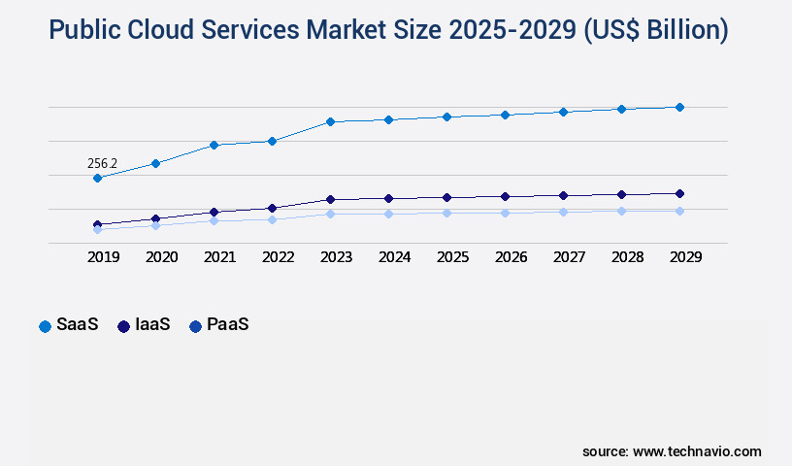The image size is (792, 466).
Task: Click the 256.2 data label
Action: [102, 163]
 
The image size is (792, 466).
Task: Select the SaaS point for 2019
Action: [97, 179]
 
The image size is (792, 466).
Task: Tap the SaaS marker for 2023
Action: [330, 121]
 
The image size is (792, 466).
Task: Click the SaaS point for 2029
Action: [679, 107]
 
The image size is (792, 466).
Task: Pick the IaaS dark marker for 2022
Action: [272, 208]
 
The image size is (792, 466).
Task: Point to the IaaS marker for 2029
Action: [679, 193]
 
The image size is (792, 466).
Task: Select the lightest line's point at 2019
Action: [97, 230]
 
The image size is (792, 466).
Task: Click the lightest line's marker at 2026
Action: [505, 213]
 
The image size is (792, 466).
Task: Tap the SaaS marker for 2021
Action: [214, 145]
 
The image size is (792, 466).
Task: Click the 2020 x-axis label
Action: [161, 257]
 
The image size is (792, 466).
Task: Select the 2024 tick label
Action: [394, 257]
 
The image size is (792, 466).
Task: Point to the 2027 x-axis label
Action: [569, 257]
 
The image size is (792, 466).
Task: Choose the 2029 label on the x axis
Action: [685, 257]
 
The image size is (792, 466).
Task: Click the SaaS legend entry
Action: [69, 325]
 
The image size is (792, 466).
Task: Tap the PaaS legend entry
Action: [218, 325]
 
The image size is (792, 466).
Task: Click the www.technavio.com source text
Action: [697, 451]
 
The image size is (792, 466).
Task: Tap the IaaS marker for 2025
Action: [446, 197]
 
